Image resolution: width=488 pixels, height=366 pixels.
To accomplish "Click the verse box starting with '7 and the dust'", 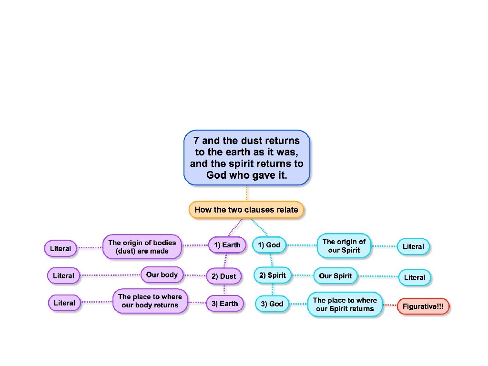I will pyautogui.click(x=246, y=158).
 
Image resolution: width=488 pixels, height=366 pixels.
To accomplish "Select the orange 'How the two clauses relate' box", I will pyautogui.click(x=246, y=210).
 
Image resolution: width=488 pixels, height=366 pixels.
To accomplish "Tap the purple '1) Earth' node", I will pyautogui.click(x=227, y=245).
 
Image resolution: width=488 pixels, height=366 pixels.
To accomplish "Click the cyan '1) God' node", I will pyautogui.click(x=269, y=245).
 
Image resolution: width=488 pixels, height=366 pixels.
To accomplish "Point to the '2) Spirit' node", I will pyautogui.click(x=272, y=275).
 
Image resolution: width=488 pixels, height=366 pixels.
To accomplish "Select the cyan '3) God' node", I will pyautogui.click(x=272, y=304).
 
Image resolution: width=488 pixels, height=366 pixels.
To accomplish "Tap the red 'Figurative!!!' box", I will pyautogui.click(x=423, y=306).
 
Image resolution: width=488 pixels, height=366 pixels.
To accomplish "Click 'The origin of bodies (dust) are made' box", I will pyautogui.click(x=142, y=246).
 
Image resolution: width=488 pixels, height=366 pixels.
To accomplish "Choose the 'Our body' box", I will pyautogui.click(x=162, y=274).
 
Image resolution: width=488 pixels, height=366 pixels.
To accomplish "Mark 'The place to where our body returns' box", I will pyautogui.click(x=150, y=301).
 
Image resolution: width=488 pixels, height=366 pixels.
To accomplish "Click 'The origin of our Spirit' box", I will pyautogui.click(x=344, y=245).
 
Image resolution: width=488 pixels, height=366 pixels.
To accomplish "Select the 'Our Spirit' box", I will pyautogui.click(x=335, y=276).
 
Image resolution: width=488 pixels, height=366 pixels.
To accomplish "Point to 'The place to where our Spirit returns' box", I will pyautogui.click(x=345, y=305).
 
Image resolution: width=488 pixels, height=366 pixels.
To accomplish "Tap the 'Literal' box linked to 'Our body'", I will pyautogui.click(x=63, y=275).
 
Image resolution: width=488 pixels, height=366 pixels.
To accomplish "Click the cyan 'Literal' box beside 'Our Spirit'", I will pyautogui.click(x=414, y=277).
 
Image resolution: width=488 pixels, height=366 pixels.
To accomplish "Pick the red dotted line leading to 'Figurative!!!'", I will pyautogui.click(x=390, y=305).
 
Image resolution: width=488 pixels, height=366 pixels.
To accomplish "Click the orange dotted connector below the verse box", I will pyautogui.click(x=246, y=193).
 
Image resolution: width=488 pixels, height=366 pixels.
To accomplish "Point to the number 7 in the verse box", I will pyautogui.click(x=196, y=141).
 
